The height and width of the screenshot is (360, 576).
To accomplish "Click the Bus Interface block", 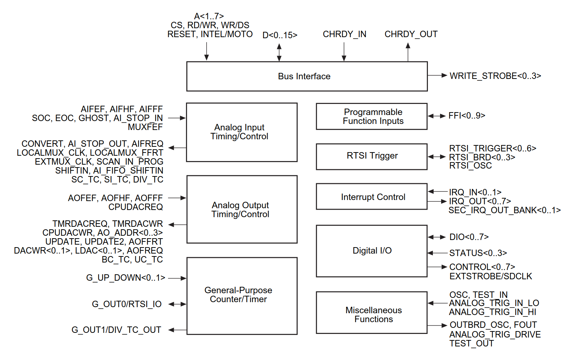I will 307,76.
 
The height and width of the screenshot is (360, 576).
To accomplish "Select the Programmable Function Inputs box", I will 372,116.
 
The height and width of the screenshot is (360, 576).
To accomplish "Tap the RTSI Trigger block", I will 372,156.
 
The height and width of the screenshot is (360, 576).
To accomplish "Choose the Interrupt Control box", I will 372,196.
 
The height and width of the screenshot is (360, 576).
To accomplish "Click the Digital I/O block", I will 372,251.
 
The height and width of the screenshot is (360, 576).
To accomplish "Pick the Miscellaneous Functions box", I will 372,313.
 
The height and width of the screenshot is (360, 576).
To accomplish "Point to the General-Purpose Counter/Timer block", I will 242,296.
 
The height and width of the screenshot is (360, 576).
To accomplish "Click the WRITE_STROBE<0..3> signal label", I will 495,76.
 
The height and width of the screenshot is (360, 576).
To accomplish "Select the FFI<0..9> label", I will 467,116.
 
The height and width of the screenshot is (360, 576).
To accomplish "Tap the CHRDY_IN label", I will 344,34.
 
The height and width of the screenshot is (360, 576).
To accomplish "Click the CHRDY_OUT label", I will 411,34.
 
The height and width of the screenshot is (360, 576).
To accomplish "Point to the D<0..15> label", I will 280,35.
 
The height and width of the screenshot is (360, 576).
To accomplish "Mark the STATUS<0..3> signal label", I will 478,253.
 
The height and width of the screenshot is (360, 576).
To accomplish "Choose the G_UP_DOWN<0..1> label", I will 126,278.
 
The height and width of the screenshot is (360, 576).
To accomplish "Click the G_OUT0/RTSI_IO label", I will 127,304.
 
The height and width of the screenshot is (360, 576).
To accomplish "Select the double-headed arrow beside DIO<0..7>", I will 437,237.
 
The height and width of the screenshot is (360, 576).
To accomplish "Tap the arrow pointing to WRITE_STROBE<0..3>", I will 438,75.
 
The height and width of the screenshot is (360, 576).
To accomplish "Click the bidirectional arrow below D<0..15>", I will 279,52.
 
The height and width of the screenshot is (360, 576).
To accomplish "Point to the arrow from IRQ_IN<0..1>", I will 438,192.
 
